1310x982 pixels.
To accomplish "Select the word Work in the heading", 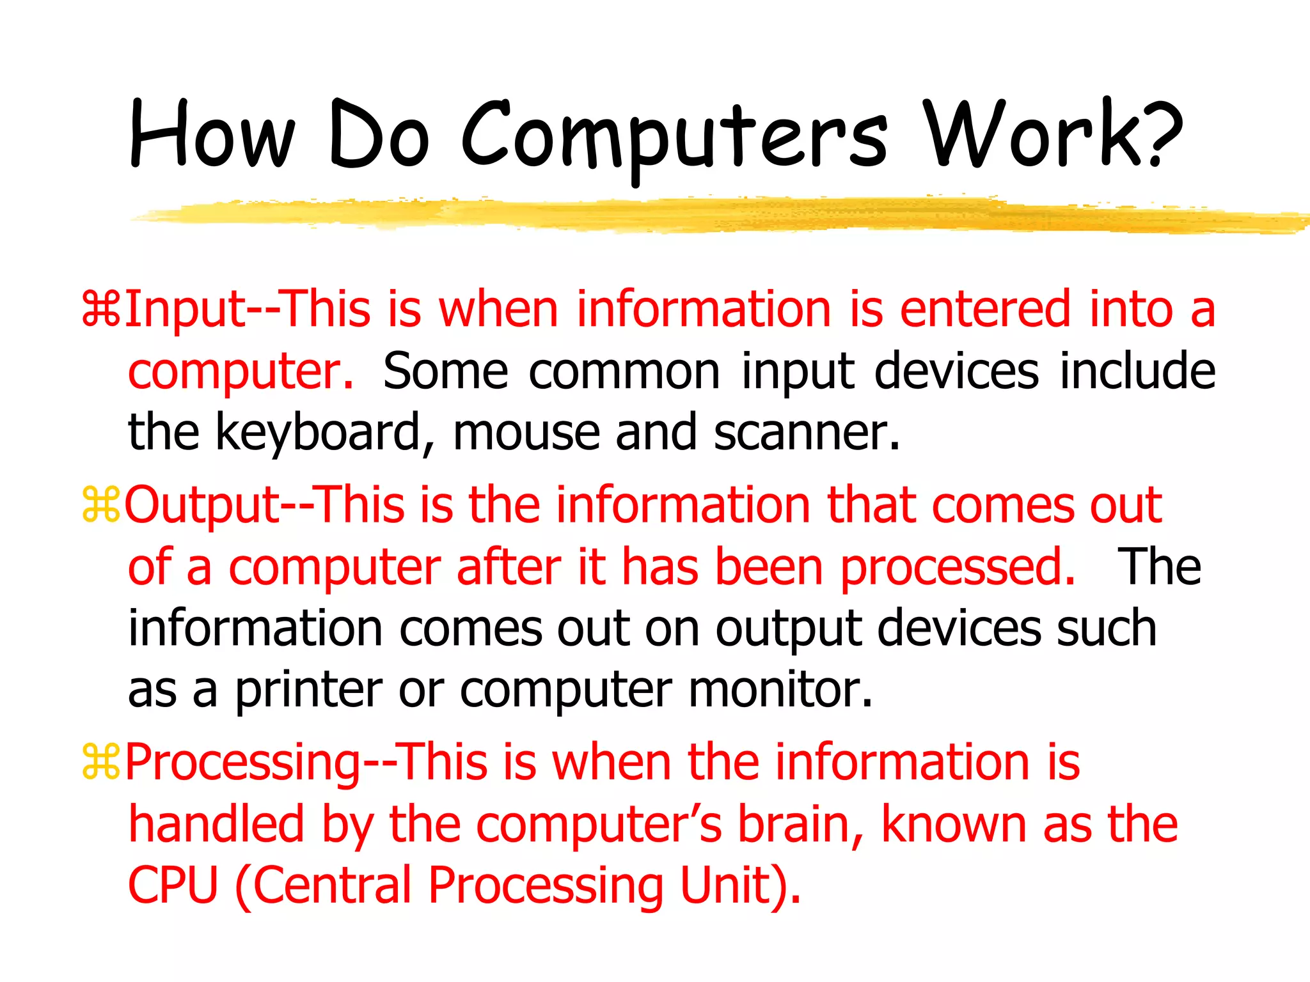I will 1030,134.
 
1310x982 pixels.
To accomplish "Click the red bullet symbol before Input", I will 101,310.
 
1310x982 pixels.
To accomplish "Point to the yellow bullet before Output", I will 101,505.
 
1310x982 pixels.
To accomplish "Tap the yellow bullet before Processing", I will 101,762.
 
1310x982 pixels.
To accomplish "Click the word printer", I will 309,692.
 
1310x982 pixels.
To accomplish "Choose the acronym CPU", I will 173,886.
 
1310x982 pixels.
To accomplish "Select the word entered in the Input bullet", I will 985,309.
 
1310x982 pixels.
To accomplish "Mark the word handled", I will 216,825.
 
